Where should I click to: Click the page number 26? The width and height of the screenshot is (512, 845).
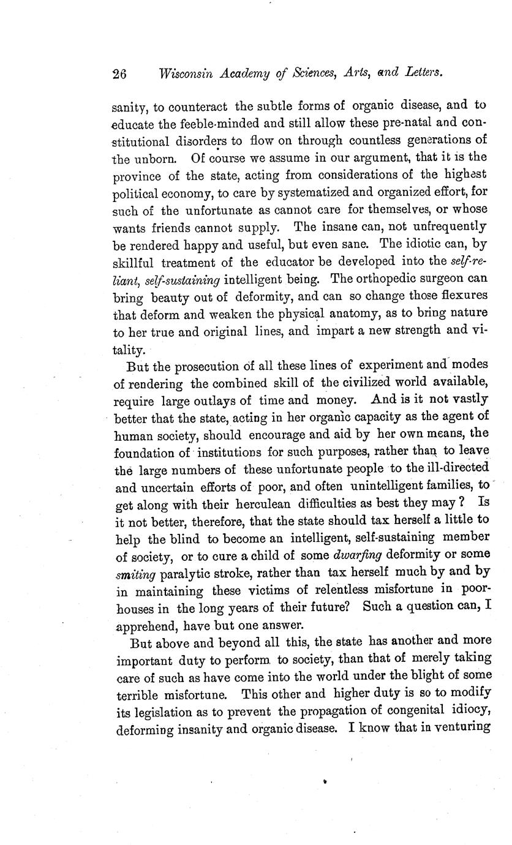[x=119, y=73]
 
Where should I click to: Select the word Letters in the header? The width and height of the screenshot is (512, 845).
[x=423, y=72]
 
